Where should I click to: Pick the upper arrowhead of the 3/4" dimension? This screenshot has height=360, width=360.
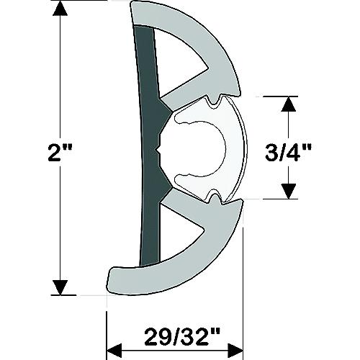pos(288,105)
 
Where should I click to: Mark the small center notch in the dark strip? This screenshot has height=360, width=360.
pos(158,152)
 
